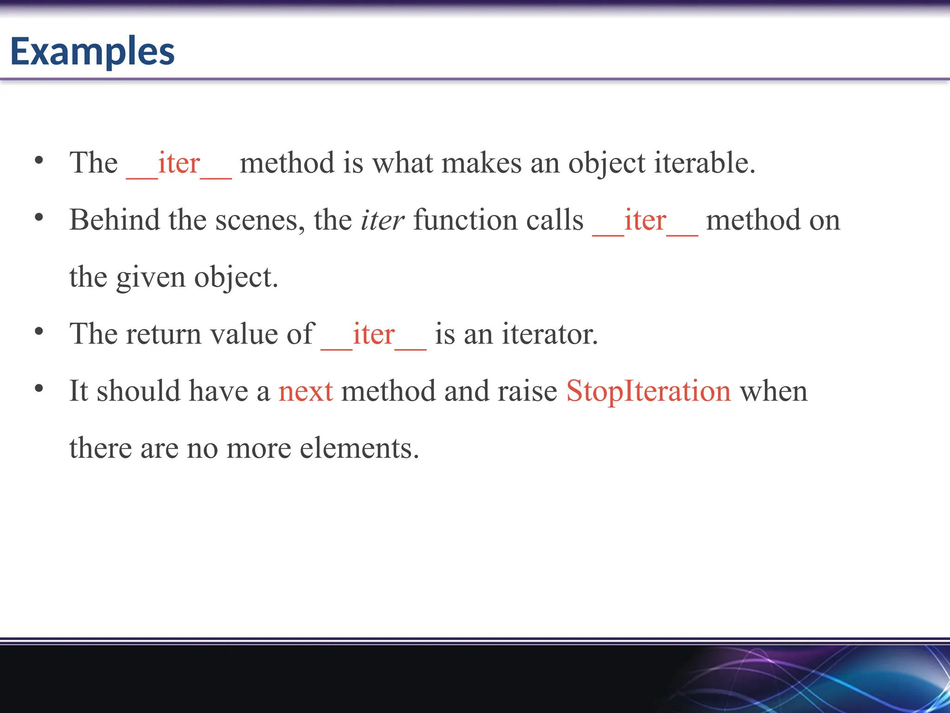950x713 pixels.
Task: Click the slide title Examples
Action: pos(92,51)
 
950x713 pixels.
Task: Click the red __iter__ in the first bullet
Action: pos(179,164)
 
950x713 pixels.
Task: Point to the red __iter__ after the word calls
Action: pos(645,221)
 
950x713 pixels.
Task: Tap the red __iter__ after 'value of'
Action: pos(373,335)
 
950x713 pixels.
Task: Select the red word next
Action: pos(306,391)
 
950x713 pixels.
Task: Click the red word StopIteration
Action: pos(648,391)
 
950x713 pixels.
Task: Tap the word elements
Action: pos(359,448)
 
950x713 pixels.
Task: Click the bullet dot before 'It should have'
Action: pos(39,389)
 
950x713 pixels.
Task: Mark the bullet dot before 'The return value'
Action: pos(39,331)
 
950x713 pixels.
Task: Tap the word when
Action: pos(774,391)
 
